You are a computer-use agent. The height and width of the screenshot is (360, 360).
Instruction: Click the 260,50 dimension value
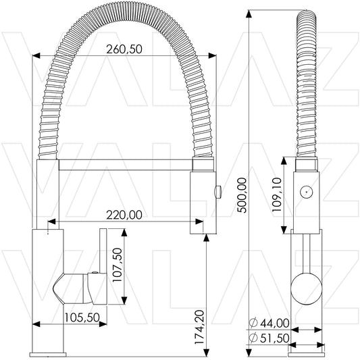point(124,49)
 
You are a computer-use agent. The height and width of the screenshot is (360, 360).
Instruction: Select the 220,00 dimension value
point(124,215)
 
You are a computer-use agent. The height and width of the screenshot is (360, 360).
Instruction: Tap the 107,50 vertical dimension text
point(118,265)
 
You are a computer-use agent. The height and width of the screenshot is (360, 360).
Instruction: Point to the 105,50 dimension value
point(82,317)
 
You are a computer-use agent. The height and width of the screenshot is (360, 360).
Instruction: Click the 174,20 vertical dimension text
point(199,327)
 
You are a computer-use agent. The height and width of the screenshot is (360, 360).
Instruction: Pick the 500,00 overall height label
point(242,195)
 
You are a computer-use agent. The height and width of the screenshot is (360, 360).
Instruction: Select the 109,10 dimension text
point(277,195)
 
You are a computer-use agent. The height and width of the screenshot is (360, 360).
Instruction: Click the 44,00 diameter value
point(275,324)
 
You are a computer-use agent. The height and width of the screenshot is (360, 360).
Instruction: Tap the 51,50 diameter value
point(275,338)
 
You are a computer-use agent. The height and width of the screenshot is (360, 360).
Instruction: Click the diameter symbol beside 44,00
point(253,323)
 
